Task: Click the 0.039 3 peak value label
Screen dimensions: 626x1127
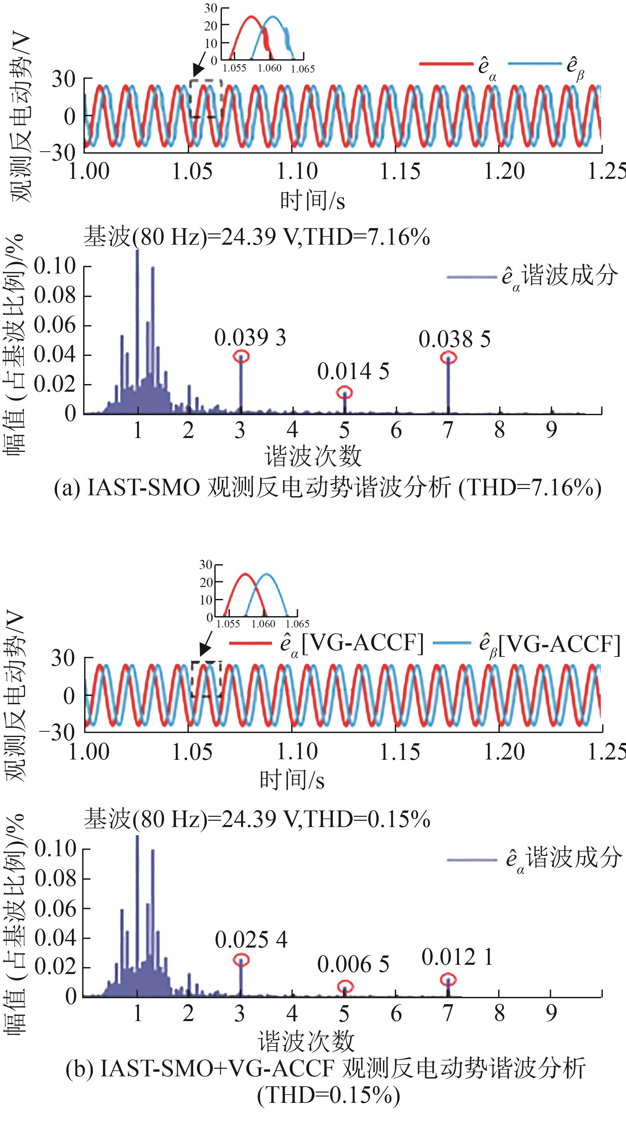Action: (x=250, y=338)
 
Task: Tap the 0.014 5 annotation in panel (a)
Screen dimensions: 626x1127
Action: (x=353, y=371)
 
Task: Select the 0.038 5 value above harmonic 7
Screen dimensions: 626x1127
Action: (x=454, y=339)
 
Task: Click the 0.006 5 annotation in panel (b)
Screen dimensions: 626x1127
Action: (x=353, y=964)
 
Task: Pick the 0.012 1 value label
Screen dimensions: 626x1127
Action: (x=457, y=957)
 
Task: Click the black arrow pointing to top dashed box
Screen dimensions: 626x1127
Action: (x=200, y=64)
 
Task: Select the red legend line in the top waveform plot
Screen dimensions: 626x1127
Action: (x=445, y=64)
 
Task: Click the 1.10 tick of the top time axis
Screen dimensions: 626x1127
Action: (x=297, y=171)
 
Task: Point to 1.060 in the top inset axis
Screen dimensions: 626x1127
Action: (x=269, y=68)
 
